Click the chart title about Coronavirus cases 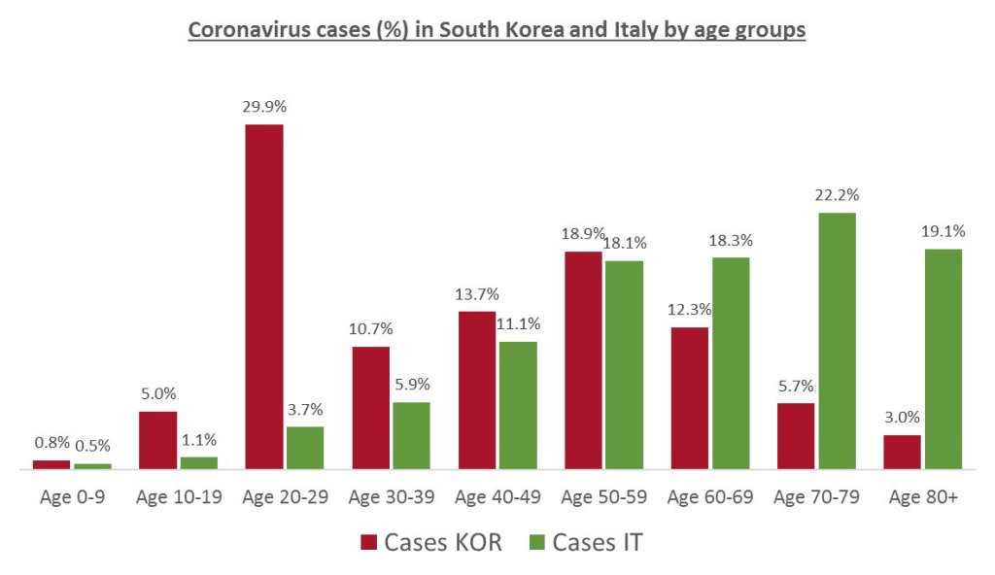(497, 30)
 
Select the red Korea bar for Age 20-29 (264, 296)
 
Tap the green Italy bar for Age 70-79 (837, 341)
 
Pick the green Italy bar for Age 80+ (943, 358)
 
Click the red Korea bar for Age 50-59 (582, 360)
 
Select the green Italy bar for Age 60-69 (731, 363)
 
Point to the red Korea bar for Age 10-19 (158, 440)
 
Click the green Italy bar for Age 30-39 (411, 435)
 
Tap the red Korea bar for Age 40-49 (476, 389)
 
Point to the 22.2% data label (837, 195)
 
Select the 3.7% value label (305, 410)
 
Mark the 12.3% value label (688, 310)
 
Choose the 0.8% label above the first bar (51, 443)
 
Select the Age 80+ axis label (922, 497)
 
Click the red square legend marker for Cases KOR (368, 542)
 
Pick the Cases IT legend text (598, 542)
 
